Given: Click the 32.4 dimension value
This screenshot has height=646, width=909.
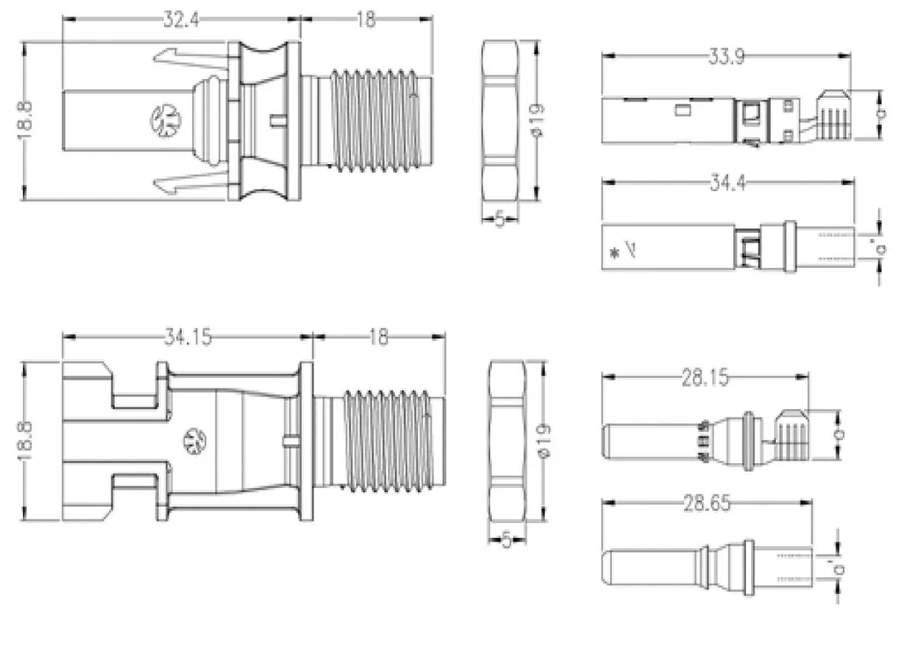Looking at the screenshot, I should tap(182, 19).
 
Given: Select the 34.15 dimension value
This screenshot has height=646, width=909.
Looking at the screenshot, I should tap(188, 338).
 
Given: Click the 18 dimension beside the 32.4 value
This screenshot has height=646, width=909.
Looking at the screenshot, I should tap(366, 19).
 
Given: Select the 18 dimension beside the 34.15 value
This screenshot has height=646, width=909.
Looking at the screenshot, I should tap(378, 338).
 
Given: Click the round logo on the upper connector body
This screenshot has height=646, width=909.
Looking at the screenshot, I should tap(163, 119).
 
